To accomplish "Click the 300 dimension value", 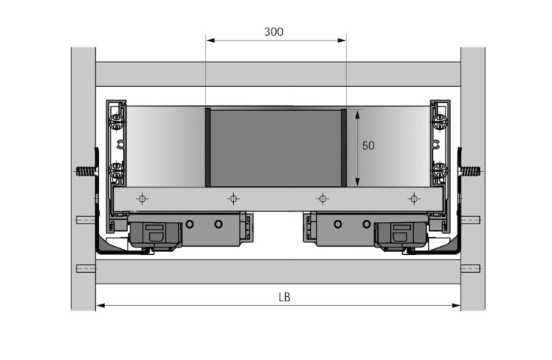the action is [274, 32].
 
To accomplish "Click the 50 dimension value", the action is [368, 145].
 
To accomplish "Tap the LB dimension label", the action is [284, 297].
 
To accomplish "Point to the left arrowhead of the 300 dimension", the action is [210, 40].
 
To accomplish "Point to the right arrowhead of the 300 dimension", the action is [342, 40].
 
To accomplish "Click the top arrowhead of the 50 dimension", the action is [358, 114].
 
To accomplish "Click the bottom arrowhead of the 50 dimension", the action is [358, 182].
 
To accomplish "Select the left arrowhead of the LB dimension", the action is [100, 305].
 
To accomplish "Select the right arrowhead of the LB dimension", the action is [456, 305].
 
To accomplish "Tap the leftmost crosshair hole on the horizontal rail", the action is [142, 199].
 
